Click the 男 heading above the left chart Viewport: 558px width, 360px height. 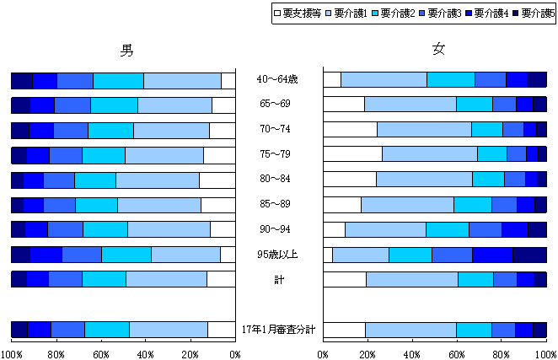click(126, 50)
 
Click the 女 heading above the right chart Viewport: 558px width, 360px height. click(438, 50)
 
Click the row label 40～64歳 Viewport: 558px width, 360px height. click(277, 80)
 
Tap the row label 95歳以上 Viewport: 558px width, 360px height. click(277, 255)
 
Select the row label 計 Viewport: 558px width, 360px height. click(278, 279)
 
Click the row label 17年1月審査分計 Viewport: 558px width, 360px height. click(278, 330)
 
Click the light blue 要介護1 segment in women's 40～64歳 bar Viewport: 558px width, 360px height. click(384, 80)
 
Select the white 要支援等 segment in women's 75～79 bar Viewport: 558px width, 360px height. click(352, 153)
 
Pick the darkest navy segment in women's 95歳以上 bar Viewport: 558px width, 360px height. click(529, 255)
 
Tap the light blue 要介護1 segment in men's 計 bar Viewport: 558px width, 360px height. click(166, 279)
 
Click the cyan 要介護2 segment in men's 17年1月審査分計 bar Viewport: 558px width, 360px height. click(106, 330)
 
